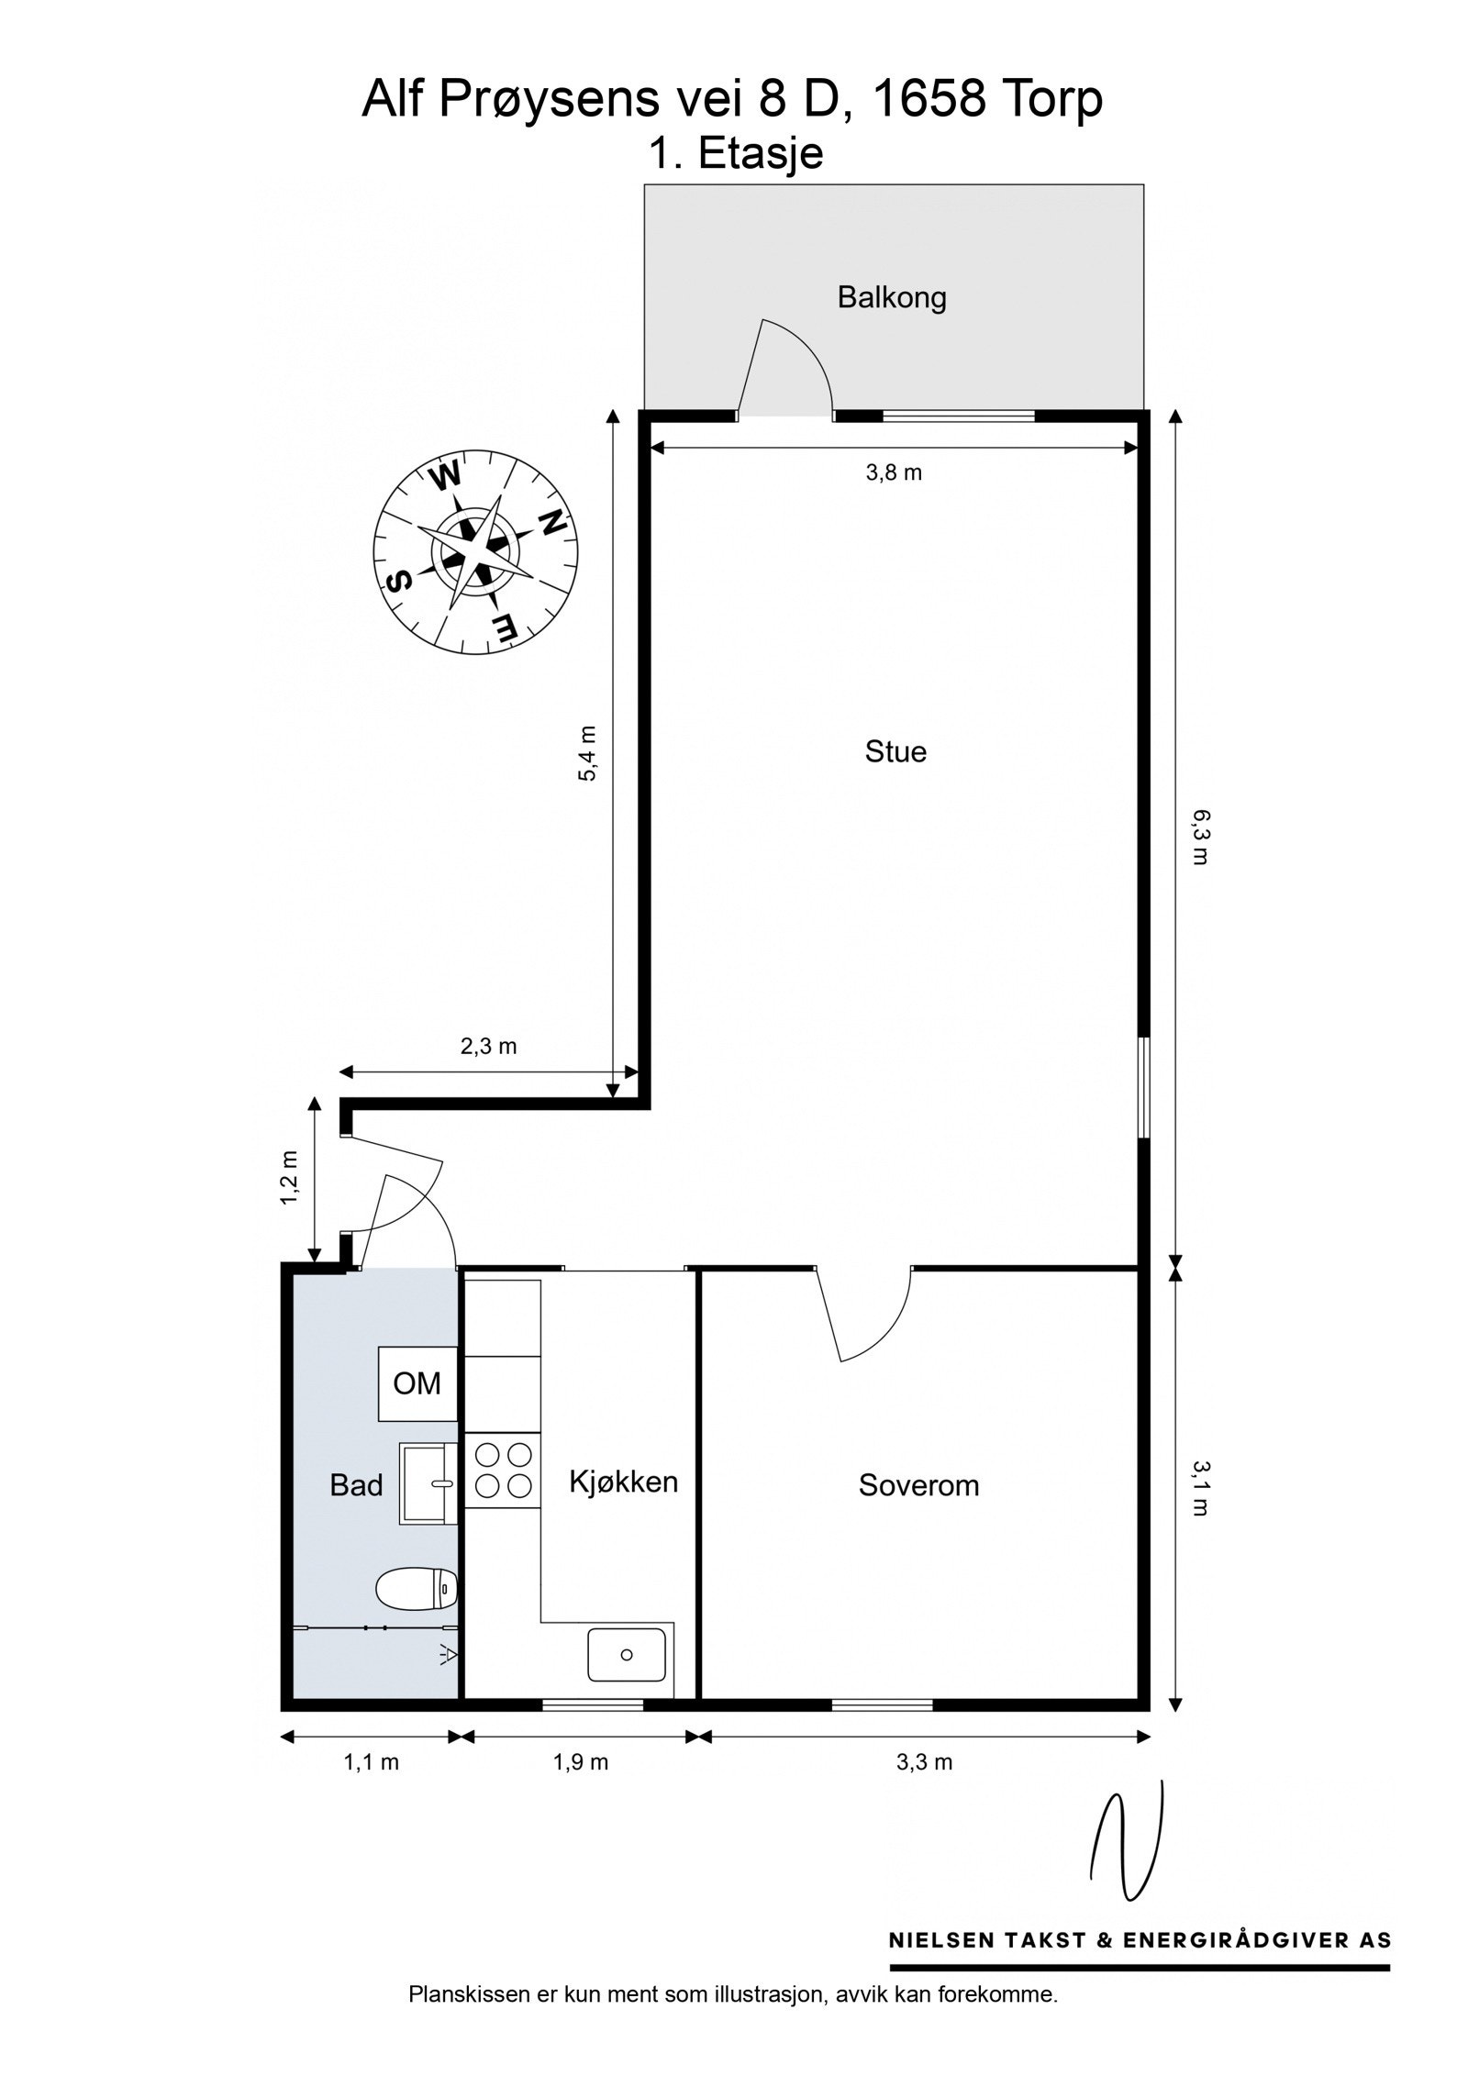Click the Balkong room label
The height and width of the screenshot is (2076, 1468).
tap(891, 297)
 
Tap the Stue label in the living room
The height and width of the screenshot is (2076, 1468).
tap(895, 751)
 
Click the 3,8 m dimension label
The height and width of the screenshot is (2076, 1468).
tap(894, 473)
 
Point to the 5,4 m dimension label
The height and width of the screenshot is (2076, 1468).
tap(587, 754)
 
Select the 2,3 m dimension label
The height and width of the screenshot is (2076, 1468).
tap(488, 1046)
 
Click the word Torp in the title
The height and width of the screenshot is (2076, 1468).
tap(1047, 99)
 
